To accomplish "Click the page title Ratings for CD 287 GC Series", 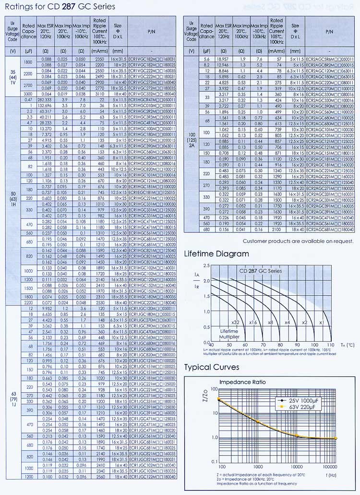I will (60, 7).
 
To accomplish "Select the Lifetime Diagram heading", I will (216, 254).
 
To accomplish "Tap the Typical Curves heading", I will (212, 367).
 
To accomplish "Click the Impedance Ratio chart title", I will (242, 382).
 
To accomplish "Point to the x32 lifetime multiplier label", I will (235, 322).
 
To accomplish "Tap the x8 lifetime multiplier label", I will (270, 322).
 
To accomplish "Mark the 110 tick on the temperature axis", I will (330, 345).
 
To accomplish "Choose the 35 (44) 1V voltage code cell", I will (13, 76).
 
